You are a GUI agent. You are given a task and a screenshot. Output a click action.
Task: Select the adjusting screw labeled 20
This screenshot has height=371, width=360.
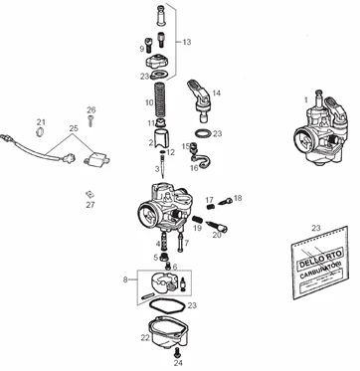pos(233,227)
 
